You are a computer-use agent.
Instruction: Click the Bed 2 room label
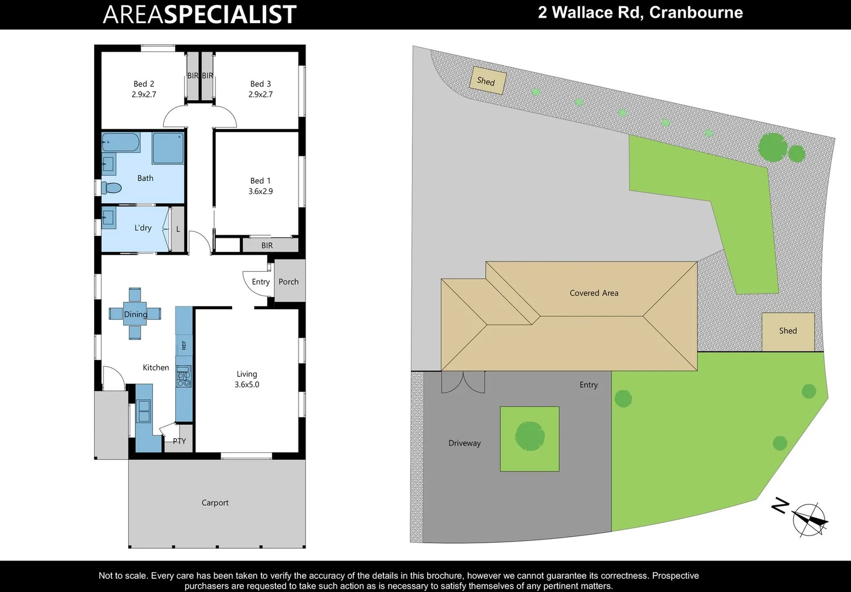pos(143,84)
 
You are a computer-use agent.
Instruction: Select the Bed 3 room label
pos(260,84)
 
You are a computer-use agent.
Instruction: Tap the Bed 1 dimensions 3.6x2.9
pos(261,191)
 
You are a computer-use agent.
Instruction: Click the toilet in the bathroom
pos(111,188)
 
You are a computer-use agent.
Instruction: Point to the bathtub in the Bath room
pos(120,143)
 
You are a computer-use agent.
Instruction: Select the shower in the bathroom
pos(168,148)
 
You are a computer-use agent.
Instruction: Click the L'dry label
pos(143,228)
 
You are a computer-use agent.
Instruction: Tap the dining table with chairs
pos(135,314)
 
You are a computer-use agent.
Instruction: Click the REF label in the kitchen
pos(184,345)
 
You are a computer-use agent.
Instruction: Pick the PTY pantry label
pos(179,441)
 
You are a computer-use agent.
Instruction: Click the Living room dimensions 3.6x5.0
pos(247,385)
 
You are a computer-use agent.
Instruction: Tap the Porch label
pos(289,282)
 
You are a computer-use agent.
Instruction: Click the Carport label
pos(215,503)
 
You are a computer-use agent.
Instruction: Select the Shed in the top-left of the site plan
pos(487,81)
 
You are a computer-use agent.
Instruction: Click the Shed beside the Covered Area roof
pos(787,331)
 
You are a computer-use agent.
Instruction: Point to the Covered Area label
pos(594,293)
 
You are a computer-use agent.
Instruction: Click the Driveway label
pos(464,443)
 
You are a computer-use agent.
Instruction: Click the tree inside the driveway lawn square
pos(530,436)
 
